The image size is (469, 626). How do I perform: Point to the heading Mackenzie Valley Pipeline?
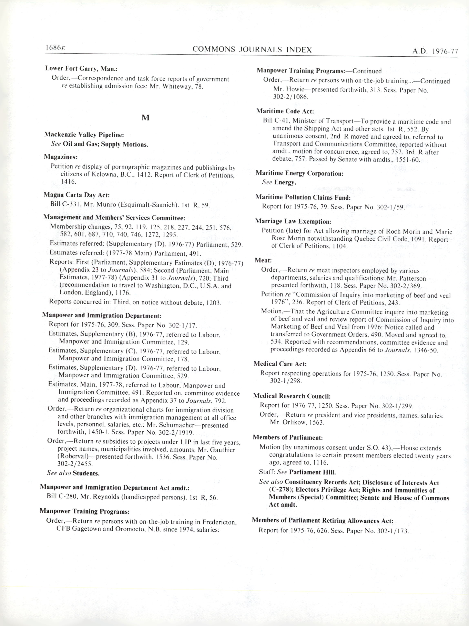[x=84, y=135]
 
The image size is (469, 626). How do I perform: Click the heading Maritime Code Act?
[x=285, y=111]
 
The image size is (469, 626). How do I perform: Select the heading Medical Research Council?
[x=292, y=396]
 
